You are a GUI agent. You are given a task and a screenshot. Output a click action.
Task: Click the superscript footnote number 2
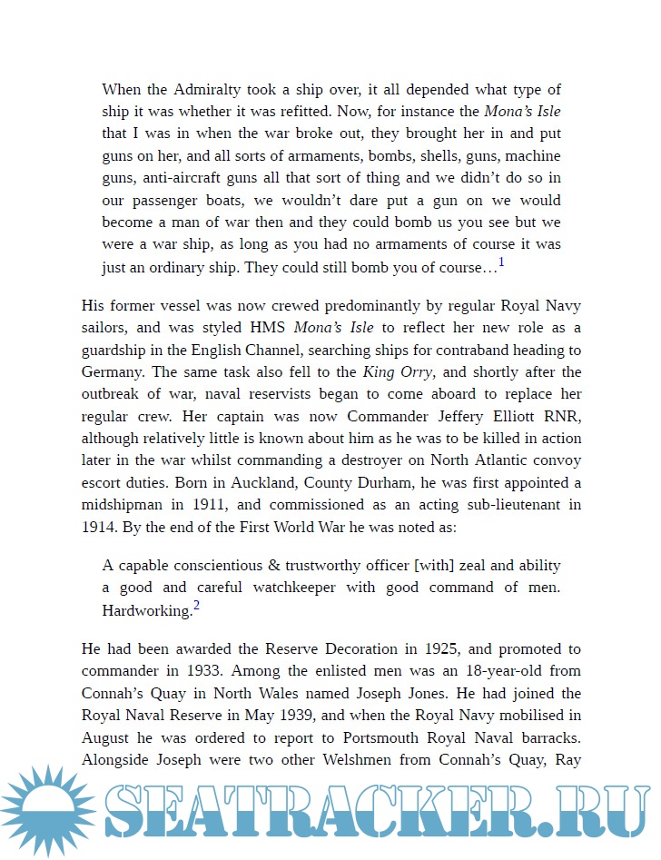196,606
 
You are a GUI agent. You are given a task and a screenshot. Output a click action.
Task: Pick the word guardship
119,351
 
